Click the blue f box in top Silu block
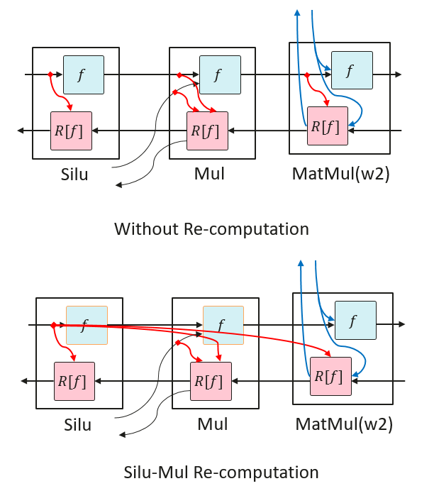pyautogui.click(x=84, y=74)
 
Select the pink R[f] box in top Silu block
pyautogui.click(x=71, y=131)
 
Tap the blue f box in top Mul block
pyautogui.click(x=220, y=74)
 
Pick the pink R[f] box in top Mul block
pyautogui.click(x=207, y=131)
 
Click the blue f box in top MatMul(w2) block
pyautogui.click(x=352, y=70)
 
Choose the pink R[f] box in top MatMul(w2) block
pyautogui.click(x=328, y=126)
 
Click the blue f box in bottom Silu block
pyautogui.click(x=87, y=325)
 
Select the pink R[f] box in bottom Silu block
pyautogui.click(x=74, y=381)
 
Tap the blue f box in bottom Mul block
pyautogui.click(x=223, y=325)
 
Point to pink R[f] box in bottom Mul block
pyautogui.click(x=211, y=381)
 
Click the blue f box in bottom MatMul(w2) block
pyautogui.click(x=355, y=321)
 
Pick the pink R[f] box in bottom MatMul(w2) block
pyautogui.click(x=330, y=376)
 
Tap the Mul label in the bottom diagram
pyautogui.click(x=212, y=424)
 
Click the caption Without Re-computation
pyautogui.click(x=211, y=229)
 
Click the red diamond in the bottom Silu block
pyautogui.click(x=53, y=325)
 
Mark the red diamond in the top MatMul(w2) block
pyautogui.click(x=306, y=74)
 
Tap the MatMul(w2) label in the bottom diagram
pyautogui.click(x=343, y=424)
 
